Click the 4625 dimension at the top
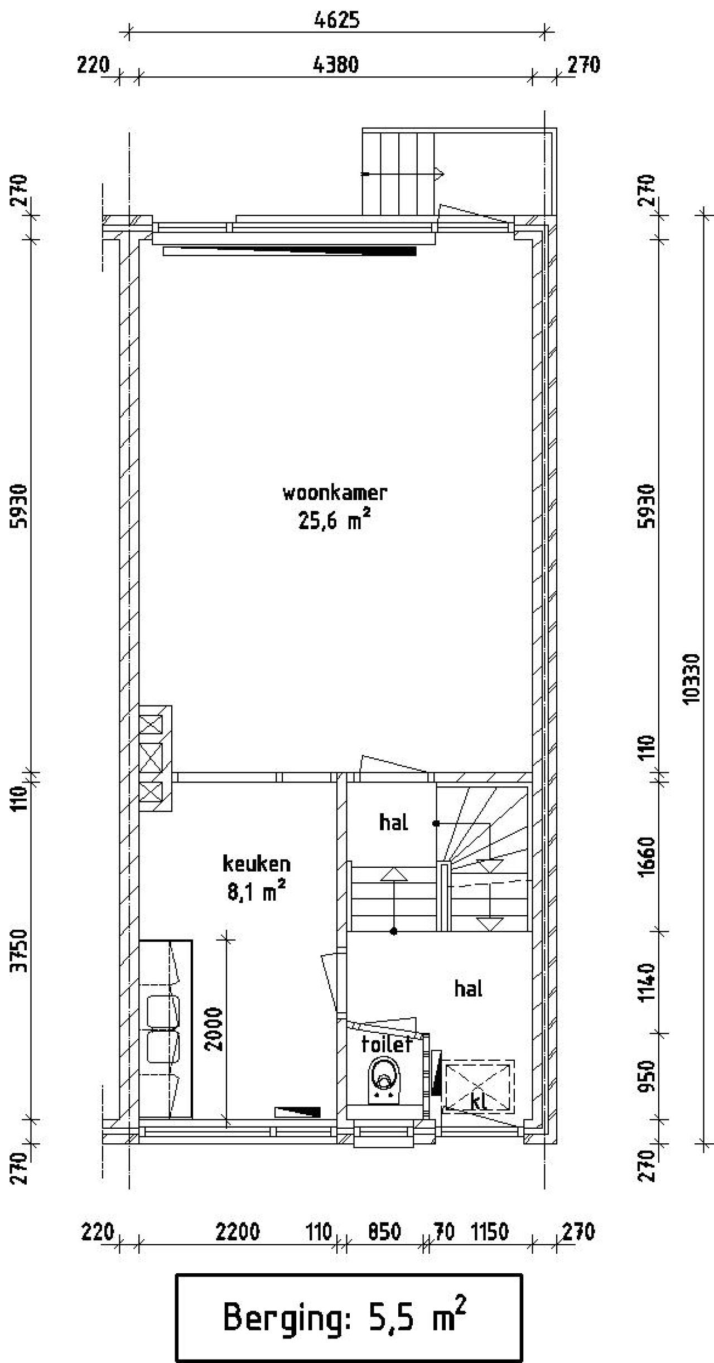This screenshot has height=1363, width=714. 336,20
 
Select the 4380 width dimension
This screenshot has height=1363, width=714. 336,65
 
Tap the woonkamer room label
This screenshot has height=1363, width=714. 335,493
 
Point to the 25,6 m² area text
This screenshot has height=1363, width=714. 334,521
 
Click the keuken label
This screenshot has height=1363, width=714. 257,863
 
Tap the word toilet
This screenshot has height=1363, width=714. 386,1044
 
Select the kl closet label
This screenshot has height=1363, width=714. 479,1101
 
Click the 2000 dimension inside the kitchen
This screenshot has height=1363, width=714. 214,1028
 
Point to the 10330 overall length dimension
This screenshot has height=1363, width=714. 691,679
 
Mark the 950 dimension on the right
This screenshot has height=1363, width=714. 647,1076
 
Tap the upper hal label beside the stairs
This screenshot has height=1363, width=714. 393,822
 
